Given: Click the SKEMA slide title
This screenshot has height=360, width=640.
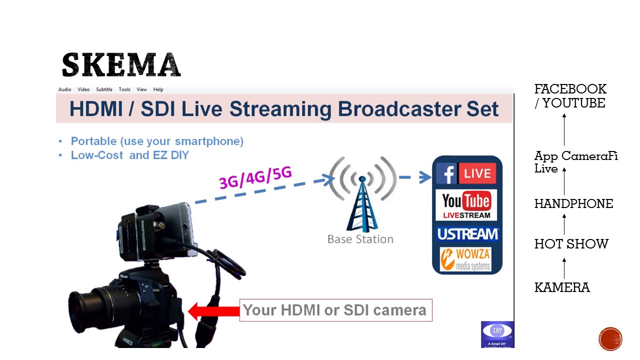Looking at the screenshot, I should pos(121,65).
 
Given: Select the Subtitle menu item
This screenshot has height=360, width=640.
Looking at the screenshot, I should pos(104,89).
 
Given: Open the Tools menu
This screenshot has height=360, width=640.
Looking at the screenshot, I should pos(124,89).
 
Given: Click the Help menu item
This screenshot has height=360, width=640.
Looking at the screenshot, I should pos(158,89).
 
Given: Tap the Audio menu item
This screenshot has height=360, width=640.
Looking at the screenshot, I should pos(65,89).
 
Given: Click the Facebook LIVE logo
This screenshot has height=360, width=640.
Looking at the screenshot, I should pos(466,173).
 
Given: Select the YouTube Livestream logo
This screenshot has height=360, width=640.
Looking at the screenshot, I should pos(466,205).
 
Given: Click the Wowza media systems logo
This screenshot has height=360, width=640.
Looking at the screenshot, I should pos(466,259).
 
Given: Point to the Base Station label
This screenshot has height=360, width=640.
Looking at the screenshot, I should pos(360,239).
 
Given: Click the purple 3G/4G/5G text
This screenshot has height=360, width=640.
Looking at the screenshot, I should pos(255,177).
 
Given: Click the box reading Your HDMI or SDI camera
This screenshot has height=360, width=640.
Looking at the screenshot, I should pos(335,310).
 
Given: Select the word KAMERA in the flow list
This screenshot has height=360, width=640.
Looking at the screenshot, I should pos(562,288).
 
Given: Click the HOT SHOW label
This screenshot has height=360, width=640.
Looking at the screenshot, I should pos(571,244).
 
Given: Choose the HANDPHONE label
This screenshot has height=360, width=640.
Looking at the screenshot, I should pos(573,204).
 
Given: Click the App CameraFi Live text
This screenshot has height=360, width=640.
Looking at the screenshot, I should pos(575,162).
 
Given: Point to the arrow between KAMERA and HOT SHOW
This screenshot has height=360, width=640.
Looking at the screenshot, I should pos(564,268).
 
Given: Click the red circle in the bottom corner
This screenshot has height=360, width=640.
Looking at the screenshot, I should pos(610,339).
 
